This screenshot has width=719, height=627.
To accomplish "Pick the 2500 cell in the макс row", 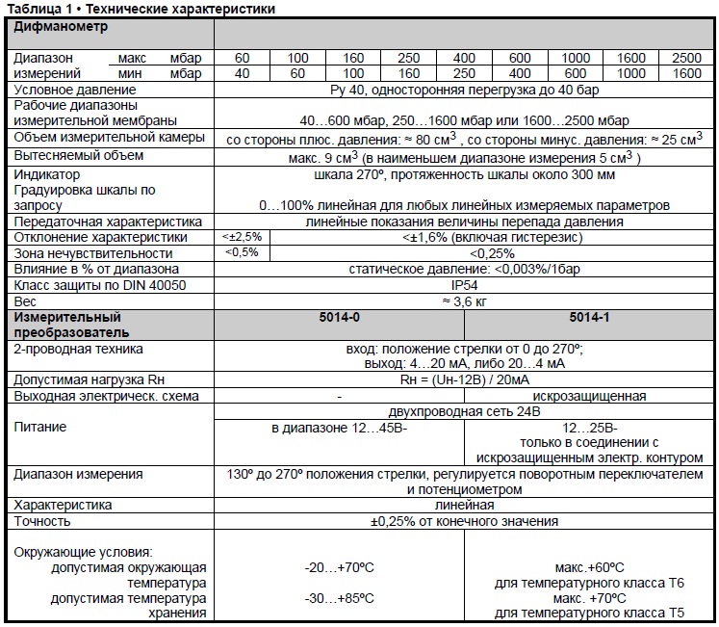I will [x=686, y=59].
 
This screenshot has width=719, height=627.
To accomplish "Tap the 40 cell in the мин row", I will [x=242, y=73].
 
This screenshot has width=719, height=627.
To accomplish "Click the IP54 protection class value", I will [x=464, y=286].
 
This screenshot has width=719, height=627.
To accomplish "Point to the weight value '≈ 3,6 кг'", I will [x=464, y=301].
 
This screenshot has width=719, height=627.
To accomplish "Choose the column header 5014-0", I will [x=339, y=317].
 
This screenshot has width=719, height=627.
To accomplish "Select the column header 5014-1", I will [x=588, y=317].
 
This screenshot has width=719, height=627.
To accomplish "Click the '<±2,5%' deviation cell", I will [x=242, y=237].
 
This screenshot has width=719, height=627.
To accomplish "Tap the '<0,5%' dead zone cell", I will [x=242, y=252].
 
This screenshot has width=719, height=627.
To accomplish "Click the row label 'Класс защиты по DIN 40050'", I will [x=99, y=286].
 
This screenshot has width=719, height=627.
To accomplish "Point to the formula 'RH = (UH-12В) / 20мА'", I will [x=464, y=380].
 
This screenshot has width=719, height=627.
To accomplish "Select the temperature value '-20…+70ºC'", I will [x=339, y=567].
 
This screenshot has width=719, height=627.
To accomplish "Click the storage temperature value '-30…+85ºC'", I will [x=339, y=598].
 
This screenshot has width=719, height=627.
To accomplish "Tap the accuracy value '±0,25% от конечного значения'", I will [x=464, y=521].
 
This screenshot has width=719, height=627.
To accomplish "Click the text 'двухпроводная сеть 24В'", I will [x=464, y=411].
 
